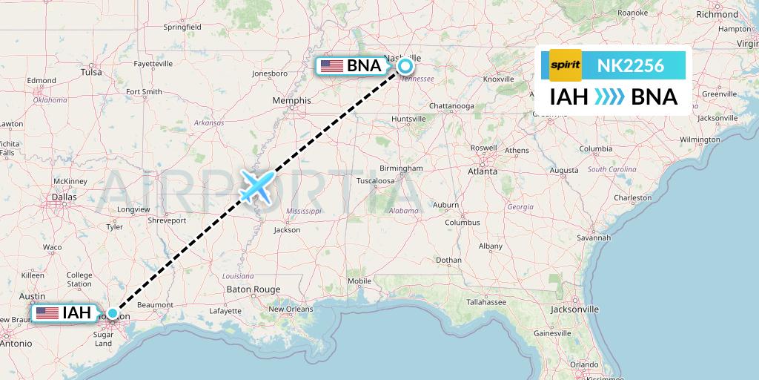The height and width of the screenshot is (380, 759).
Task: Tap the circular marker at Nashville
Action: coord(405,66)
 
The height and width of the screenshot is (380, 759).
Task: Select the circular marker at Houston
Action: coord(113,314)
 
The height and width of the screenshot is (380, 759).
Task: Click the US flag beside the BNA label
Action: coord(331,66)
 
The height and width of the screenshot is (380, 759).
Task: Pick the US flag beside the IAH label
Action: coord(46,313)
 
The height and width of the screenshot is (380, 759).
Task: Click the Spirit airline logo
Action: coord(566,65)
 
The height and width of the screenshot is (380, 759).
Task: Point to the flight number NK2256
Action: coord(630,65)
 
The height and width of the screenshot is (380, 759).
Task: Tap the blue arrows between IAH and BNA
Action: coord(609,97)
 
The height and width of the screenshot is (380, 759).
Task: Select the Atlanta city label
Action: coord(482,171)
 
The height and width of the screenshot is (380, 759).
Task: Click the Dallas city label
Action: coord(64,197)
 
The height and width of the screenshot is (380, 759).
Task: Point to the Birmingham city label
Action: coord(402,168)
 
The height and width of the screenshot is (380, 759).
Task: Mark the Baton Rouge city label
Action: coord(253,289)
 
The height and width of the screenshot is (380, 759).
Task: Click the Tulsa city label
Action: coord(91,73)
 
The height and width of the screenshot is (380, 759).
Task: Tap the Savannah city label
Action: coord(594,237)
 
